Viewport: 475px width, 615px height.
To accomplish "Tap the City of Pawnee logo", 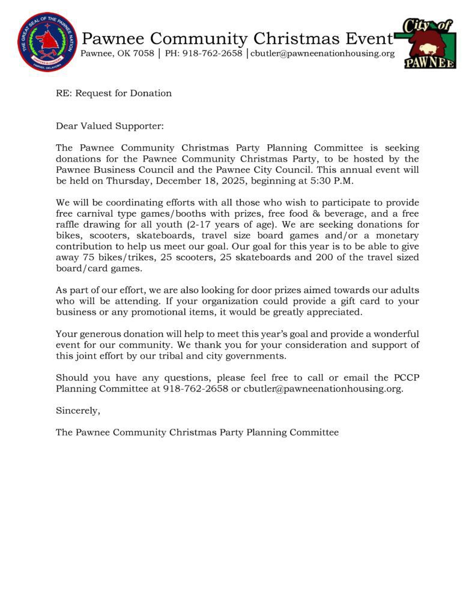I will [428, 43].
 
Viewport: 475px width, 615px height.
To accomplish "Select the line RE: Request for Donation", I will [113, 93].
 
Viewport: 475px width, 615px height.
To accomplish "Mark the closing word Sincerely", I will [78, 411].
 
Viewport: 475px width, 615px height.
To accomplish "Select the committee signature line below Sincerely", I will [197, 432].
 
